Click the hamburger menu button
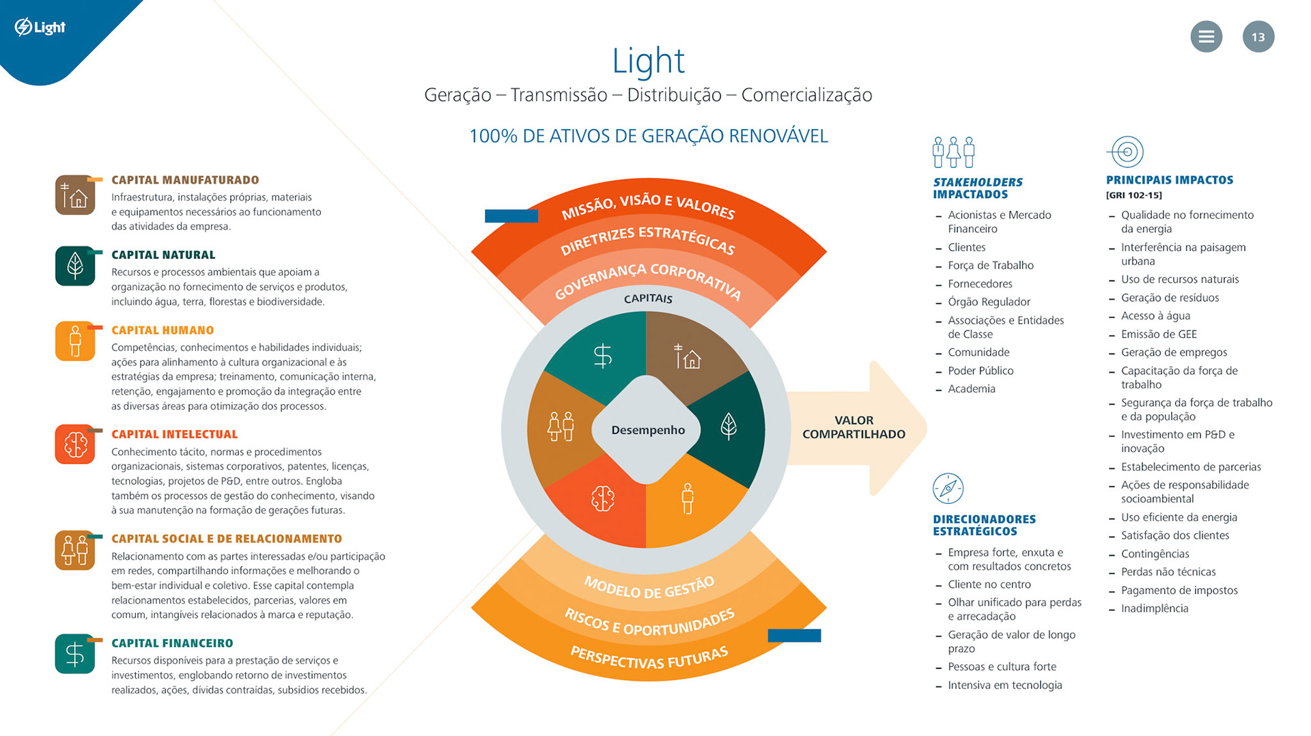(x=1206, y=37)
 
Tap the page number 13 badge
(x=1258, y=37)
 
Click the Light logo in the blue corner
(x=40, y=27)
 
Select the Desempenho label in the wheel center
(x=647, y=430)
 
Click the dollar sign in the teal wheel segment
(x=602, y=356)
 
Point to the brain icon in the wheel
(x=602, y=498)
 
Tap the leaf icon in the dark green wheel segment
(x=729, y=426)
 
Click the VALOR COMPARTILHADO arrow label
(x=854, y=427)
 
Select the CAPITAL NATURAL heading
(x=163, y=255)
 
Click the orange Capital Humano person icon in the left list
(x=75, y=341)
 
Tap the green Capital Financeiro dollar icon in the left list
(x=75, y=654)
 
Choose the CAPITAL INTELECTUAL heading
(x=174, y=434)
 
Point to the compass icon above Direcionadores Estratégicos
(x=948, y=488)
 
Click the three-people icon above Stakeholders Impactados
(x=953, y=152)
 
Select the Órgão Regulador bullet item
(x=989, y=302)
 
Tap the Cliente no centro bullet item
(x=989, y=584)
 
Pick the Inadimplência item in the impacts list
(x=1155, y=608)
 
